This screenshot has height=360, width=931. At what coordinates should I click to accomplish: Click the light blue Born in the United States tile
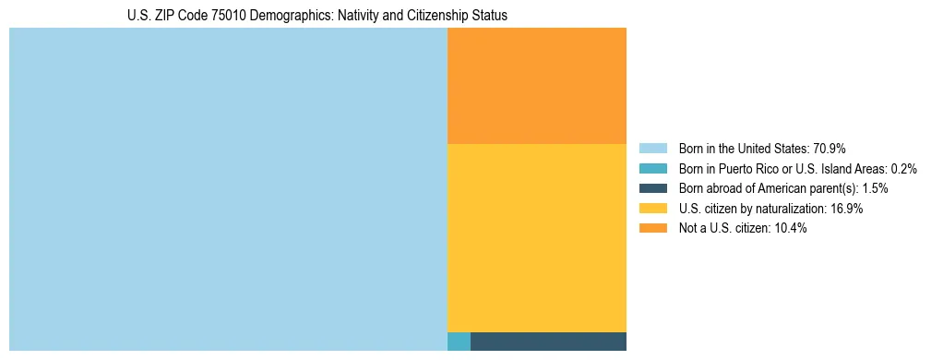click(228, 189)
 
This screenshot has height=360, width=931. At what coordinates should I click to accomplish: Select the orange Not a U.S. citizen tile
click(536, 86)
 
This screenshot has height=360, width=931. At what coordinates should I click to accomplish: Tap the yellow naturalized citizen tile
click(536, 237)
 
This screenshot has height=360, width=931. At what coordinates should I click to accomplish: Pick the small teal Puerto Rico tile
click(459, 342)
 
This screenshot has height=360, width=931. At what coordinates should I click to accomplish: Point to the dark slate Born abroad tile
click(548, 342)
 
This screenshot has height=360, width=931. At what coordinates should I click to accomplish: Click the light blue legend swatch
click(652, 149)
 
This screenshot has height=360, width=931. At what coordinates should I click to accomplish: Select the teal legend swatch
click(652, 169)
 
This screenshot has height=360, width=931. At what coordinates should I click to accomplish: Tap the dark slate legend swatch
click(652, 188)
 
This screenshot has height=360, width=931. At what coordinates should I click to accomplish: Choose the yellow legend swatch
click(652, 209)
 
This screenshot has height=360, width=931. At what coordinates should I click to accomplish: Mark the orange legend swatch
click(652, 228)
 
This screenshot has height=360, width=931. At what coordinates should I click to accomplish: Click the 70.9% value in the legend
click(830, 149)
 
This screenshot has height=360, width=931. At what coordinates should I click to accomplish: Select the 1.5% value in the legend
click(875, 188)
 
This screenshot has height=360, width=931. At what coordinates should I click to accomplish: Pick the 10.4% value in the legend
click(791, 228)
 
